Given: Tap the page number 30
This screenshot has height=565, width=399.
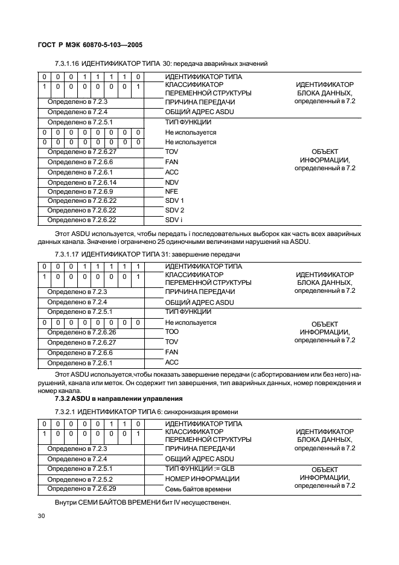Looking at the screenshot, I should [x=42, y=516].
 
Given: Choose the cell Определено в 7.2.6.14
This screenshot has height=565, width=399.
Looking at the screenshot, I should [x=82, y=182].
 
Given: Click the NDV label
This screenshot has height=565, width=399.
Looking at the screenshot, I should [x=172, y=182].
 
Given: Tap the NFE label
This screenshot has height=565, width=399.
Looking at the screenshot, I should [x=171, y=191].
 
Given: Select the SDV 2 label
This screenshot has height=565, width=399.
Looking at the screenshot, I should [x=174, y=210].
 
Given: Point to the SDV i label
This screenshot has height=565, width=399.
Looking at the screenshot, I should [x=174, y=220].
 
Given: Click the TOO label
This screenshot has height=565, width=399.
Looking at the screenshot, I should [x=172, y=332].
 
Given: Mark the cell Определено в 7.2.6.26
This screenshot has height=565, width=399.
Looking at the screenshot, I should [x=82, y=332].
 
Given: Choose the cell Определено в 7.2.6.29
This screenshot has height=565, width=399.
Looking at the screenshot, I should [x=82, y=487].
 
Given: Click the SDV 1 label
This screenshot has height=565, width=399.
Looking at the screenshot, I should [x=174, y=200].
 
